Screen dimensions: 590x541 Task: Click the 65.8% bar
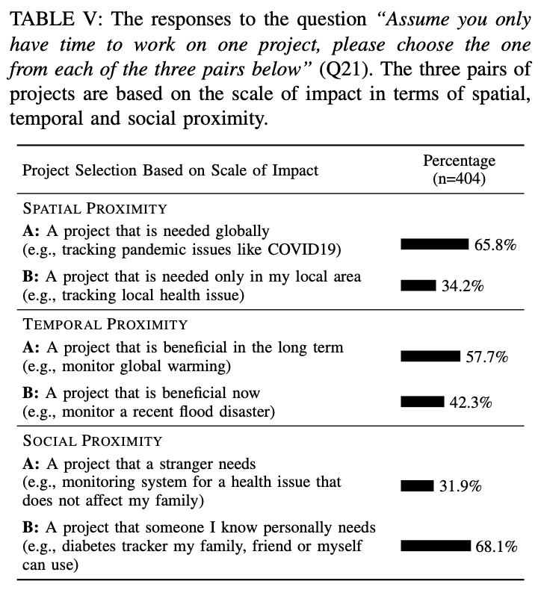pos(434,243)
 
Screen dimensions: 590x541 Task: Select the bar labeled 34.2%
pos(418,285)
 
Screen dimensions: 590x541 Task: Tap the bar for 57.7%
pos(430,357)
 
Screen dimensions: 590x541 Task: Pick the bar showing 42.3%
pos(422,402)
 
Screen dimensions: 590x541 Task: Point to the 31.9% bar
pos(417,486)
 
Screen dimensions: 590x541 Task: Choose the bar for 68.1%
pos(436,546)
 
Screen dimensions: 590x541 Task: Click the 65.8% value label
pos(495,244)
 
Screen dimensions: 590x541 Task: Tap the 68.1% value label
pos(497,547)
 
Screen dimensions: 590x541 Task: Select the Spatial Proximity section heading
pos(95,208)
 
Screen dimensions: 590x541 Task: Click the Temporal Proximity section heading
pos(105,325)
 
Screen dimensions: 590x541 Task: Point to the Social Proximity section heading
pos(93,441)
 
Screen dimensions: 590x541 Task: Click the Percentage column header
pos(459,161)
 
